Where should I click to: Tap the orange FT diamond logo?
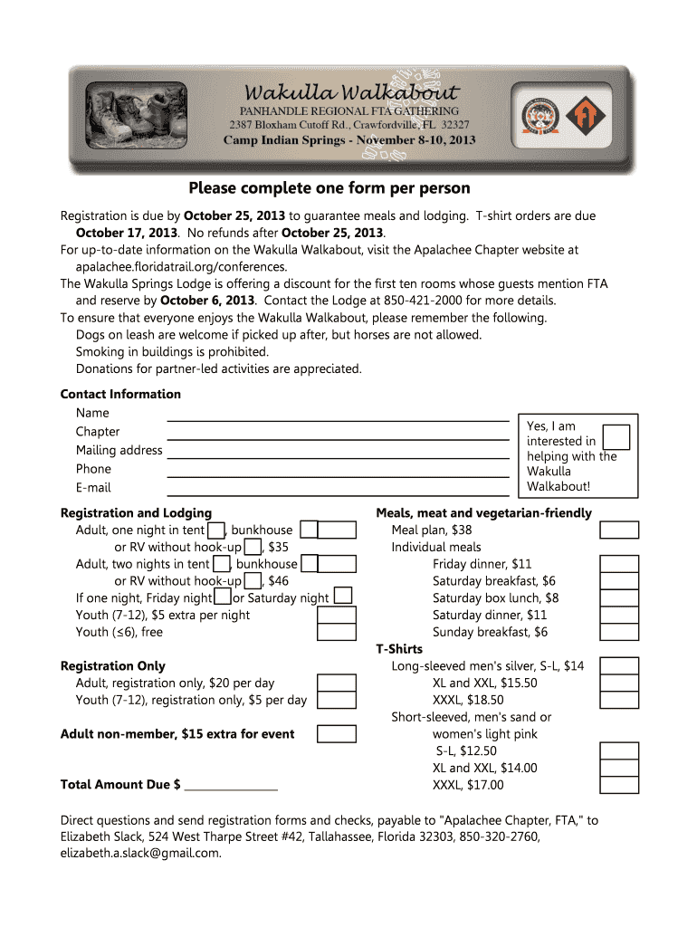tap(584, 118)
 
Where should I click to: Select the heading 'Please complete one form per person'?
tap(329, 188)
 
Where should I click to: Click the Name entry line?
tap(337, 418)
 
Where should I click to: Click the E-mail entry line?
tap(337, 493)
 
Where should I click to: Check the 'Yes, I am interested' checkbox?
tap(616, 436)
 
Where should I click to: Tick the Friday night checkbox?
tap(223, 597)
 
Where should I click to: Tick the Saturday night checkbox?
tap(343, 596)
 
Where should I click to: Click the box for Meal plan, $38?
tap(620, 530)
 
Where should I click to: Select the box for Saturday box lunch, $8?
tap(620, 597)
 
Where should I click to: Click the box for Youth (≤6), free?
tap(336, 632)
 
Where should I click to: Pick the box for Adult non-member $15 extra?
tap(336, 733)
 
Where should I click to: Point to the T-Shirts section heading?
tap(399, 649)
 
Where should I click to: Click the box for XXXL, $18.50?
tap(620, 700)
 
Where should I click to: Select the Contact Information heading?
tap(120, 394)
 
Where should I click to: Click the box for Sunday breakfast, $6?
tap(620, 632)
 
